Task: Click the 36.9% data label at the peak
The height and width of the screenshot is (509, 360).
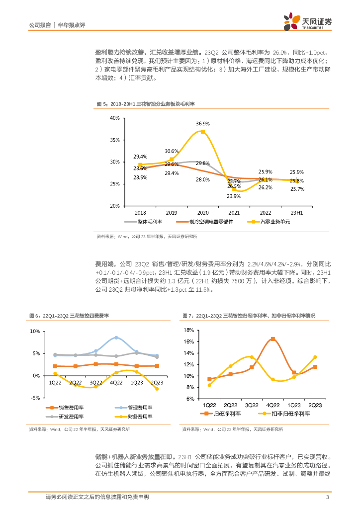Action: point(202,123)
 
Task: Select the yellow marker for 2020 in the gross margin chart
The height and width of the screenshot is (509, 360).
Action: point(202,132)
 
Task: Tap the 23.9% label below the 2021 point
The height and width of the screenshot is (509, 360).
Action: point(234,196)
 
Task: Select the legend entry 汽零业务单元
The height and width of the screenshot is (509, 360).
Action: point(271,222)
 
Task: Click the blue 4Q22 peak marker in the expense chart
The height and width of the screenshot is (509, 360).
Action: point(116,338)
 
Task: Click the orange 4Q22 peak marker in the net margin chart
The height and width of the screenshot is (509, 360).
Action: point(273,339)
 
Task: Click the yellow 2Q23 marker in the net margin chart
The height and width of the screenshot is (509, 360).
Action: point(315,357)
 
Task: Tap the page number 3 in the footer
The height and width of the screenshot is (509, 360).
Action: point(327,497)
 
